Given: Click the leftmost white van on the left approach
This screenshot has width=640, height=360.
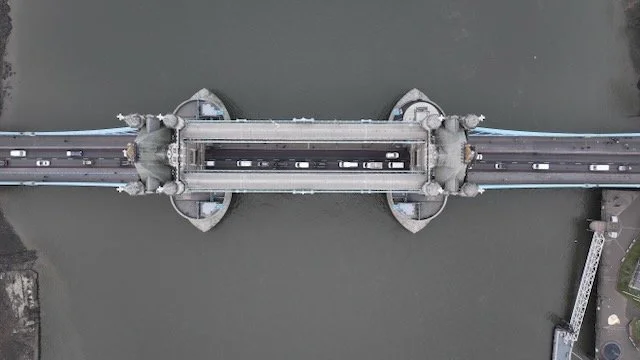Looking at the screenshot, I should [17, 153].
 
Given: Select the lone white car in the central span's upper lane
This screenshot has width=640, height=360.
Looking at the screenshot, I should [393, 155].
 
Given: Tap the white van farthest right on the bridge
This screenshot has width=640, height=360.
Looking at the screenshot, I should [599, 167].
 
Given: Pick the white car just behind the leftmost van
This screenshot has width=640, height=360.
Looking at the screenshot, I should [43, 162].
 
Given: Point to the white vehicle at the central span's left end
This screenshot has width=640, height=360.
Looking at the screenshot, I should [210, 164].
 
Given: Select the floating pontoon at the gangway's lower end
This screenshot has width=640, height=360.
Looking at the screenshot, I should [564, 341].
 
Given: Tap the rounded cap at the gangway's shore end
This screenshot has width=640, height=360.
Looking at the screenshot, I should [598, 227].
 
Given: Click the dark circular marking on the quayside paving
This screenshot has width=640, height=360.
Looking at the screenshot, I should [611, 349].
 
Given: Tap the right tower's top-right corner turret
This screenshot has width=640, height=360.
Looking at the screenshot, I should [470, 121].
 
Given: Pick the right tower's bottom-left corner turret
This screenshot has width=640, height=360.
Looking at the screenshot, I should [431, 187].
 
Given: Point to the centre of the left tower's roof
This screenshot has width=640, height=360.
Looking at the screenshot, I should [152, 155].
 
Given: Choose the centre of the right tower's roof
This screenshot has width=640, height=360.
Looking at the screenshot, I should [451, 155].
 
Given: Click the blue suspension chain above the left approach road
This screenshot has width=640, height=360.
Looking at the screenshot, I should [60, 132].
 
